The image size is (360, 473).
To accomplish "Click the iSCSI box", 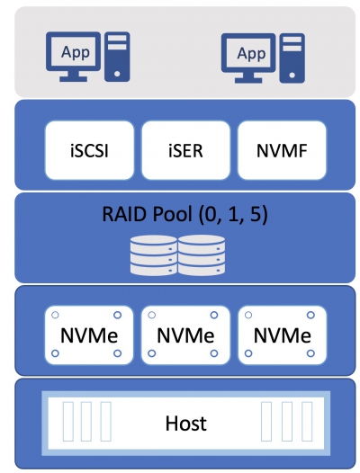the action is coord(89,150).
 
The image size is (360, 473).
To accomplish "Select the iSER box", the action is coord(185,150).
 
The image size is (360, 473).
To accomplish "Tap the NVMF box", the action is coord(282,150).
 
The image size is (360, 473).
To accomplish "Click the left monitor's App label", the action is coord(76,52).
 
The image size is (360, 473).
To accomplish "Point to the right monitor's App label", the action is coord(251,53).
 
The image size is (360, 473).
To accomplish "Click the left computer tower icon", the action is coord(117,57).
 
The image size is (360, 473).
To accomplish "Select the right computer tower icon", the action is coord(292,58).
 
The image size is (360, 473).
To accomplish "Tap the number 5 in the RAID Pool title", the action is coord(256,214).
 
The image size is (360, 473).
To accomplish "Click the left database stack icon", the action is coord(154,255).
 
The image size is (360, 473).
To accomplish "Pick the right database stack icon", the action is coord(202,255).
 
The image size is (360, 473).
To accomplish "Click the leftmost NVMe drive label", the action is coord(89,335).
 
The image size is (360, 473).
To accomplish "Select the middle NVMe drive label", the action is coord(185,335).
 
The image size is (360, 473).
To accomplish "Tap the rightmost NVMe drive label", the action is coord(283,335).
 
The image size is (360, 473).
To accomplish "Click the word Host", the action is coord(186,423).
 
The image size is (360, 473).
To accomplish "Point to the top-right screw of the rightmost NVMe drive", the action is coord(310,316).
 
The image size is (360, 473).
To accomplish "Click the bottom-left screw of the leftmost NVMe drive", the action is coord(55,353).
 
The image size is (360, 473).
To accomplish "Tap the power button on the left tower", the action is coord(117,74).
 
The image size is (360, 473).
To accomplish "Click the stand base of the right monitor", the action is coord(248,80).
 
